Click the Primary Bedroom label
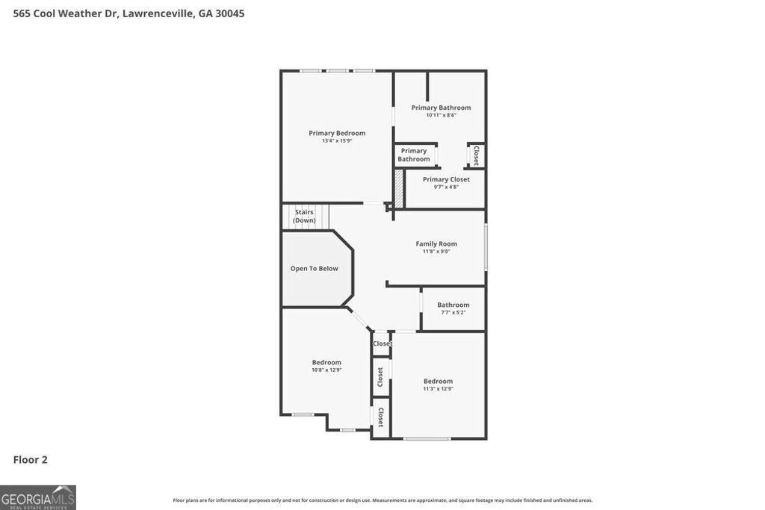point(337,133)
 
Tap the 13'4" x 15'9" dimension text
point(337,140)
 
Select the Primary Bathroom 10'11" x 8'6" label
point(441,111)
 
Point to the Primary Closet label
point(446,179)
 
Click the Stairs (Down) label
point(304,216)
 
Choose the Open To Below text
point(314,268)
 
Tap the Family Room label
point(436,243)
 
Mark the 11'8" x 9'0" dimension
point(436,252)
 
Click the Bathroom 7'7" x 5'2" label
point(453,308)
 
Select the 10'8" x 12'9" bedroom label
point(326,366)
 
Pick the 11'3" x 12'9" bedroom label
point(438,385)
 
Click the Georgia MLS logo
point(38,497)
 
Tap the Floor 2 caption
point(31,459)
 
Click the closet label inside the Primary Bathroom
point(476,155)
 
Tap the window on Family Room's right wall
point(486,247)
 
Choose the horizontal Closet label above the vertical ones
point(382,343)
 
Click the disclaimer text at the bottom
point(382,500)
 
